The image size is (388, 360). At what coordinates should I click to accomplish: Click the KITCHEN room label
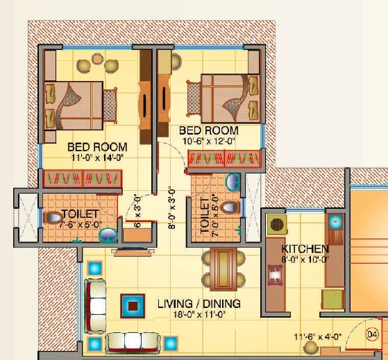pyautogui.click(x=305, y=248)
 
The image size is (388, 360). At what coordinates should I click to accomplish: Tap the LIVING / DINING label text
pyautogui.click(x=199, y=304)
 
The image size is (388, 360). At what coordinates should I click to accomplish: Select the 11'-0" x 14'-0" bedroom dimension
pyautogui.click(x=98, y=157)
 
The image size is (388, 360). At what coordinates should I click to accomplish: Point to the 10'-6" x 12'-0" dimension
pyautogui.click(x=208, y=141)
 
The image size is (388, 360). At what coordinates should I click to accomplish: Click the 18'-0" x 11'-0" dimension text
pyautogui.click(x=199, y=315)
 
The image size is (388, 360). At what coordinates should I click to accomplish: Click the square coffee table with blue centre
pyautogui.click(x=133, y=305)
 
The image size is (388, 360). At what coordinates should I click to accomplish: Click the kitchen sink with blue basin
pyautogui.click(x=336, y=221)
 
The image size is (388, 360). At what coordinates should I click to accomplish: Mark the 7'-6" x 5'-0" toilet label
pyautogui.click(x=80, y=219)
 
